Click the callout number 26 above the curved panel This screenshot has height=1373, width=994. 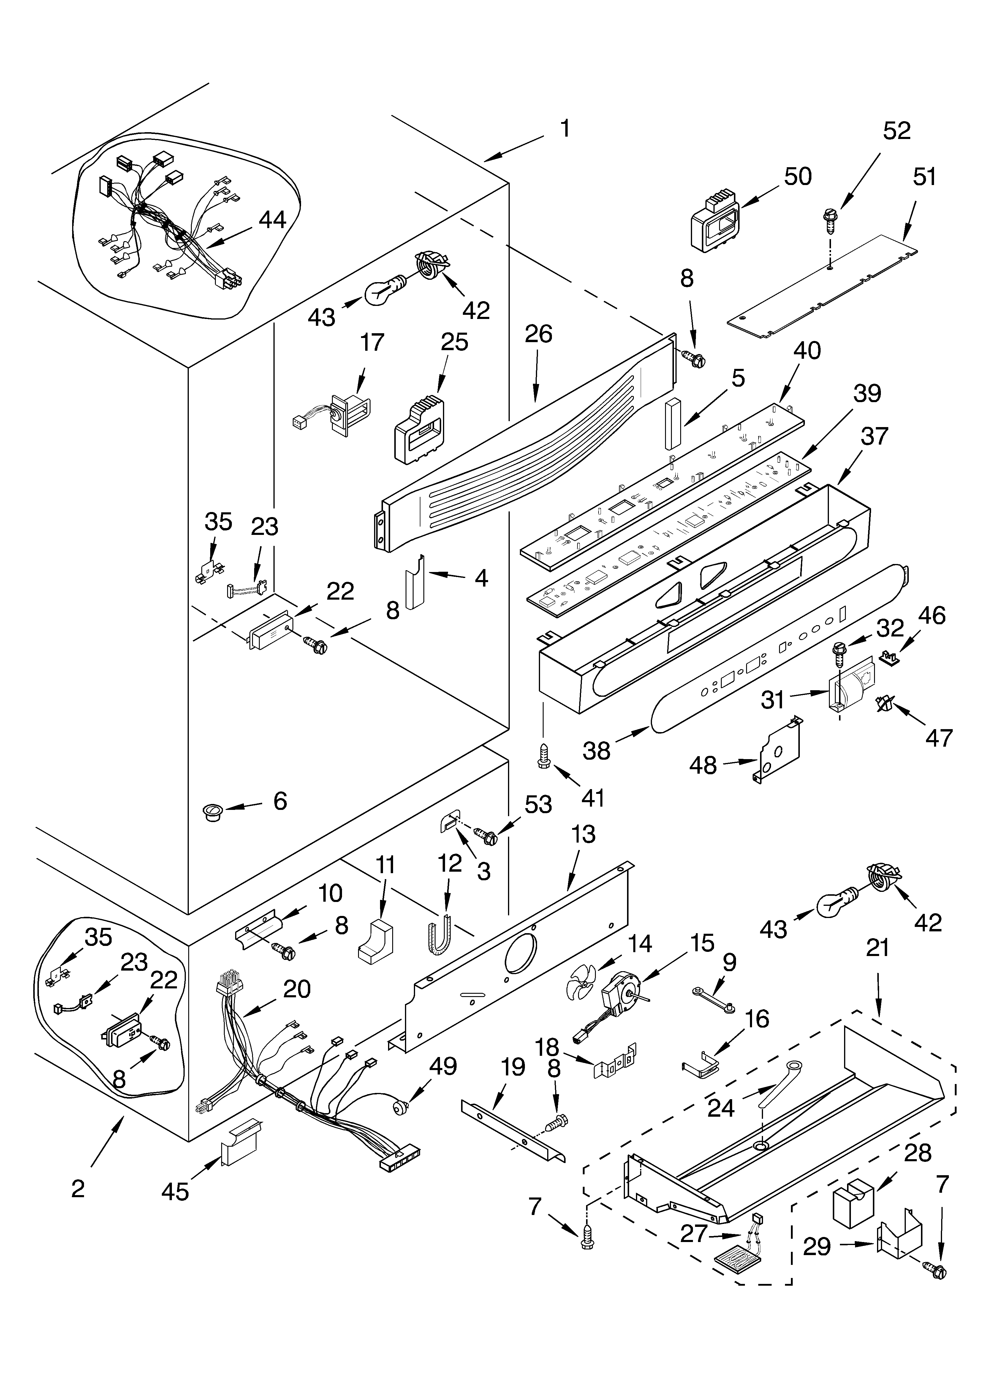click(x=538, y=334)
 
